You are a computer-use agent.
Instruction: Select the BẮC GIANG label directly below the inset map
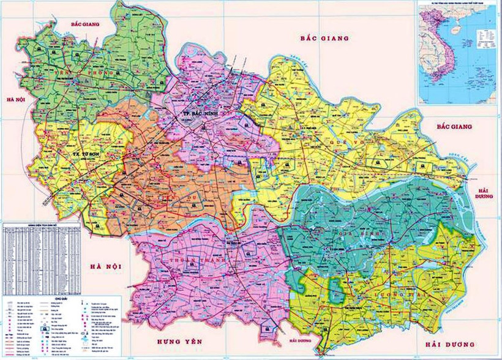[x=454, y=126]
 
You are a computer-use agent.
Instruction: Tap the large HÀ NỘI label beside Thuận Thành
[x=106, y=266]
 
